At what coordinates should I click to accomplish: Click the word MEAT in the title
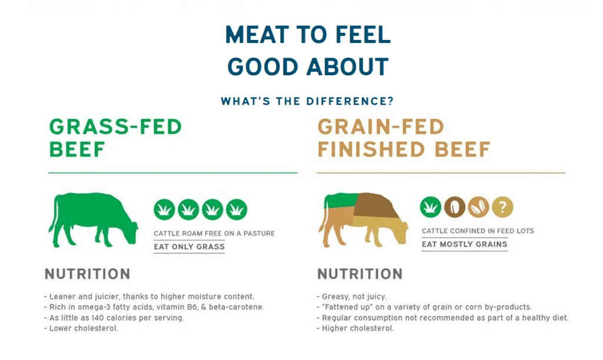point(257,35)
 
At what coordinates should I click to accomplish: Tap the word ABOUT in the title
point(347,66)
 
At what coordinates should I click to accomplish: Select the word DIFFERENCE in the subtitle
point(350,101)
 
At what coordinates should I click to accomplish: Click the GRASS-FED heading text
point(115,127)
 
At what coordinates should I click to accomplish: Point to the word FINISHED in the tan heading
point(371,149)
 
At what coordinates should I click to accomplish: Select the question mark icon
point(502,207)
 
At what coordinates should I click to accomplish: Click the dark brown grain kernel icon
point(455,207)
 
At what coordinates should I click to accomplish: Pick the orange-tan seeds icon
point(478,207)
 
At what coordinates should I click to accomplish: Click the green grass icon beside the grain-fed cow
point(430,207)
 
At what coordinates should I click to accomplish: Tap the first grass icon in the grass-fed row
point(165,209)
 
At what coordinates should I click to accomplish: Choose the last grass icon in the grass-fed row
point(237,209)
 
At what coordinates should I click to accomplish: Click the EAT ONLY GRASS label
point(189,246)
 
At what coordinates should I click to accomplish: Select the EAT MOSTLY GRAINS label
point(465,244)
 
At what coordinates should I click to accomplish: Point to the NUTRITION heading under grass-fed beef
point(88,274)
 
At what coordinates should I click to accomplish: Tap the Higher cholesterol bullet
point(355,328)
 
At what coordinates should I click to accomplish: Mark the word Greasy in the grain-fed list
point(334,296)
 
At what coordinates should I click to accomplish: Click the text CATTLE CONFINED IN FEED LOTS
point(478,231)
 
